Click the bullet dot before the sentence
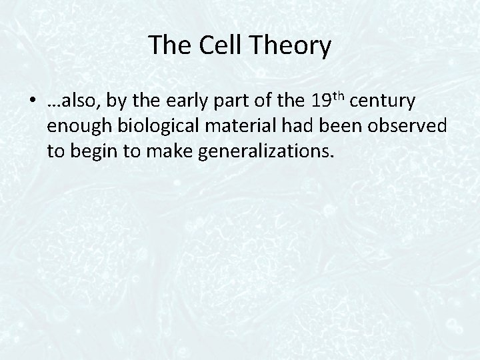(x=33, y=104)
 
